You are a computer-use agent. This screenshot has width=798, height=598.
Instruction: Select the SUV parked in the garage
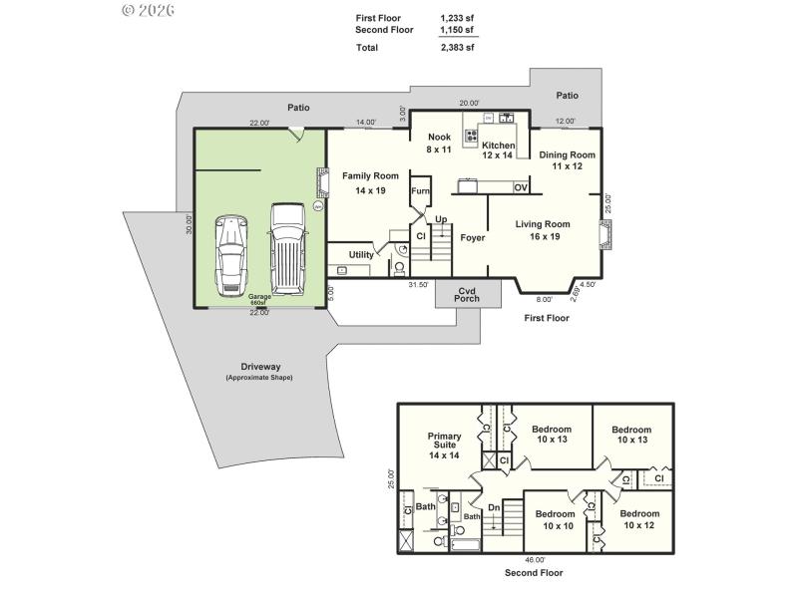286,249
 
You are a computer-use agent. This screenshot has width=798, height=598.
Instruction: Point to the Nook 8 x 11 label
440,143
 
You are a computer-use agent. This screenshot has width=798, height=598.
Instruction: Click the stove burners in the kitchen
471,136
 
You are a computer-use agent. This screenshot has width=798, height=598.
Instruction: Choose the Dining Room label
567,160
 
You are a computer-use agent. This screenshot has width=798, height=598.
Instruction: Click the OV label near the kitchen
520,187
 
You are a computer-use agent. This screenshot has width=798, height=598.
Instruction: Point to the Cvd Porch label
467,295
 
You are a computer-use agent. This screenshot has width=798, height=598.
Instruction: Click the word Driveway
258,366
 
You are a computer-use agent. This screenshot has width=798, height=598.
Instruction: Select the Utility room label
361,255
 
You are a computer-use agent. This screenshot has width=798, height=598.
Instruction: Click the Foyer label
472,238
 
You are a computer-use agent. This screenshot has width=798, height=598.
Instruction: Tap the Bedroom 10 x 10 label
559,519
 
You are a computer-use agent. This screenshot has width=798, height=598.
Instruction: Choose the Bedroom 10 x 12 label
639,519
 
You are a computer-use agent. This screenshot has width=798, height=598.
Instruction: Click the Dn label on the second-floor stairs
493,508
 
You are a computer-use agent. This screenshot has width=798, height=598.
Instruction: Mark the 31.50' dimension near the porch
418,284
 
